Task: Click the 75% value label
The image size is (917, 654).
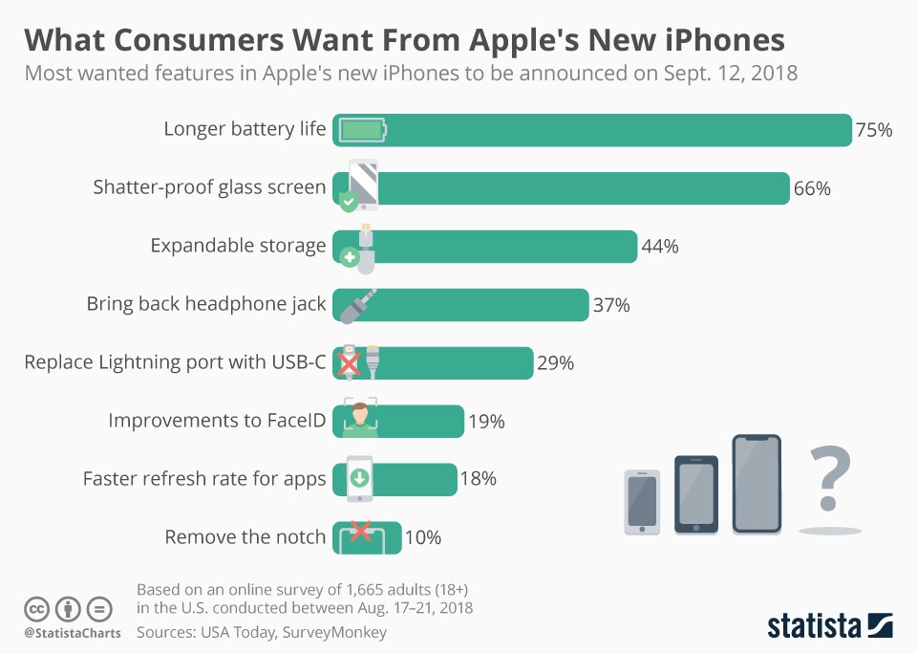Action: pyautogui.click(x=874, y=130)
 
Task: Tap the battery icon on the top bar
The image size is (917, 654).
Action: pyautogui.click(x=363, y=130)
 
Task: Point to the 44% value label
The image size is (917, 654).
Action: pyautogui.click(x=659, y=247)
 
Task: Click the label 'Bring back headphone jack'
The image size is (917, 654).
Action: pyautogui.click(x=206, y=304)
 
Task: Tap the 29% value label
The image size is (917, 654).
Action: pyautogui.click(x=555, y=363)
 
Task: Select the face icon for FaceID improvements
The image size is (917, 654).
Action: pyautogui.click(x=360, y=419)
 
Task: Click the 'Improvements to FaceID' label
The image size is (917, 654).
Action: pyautogui.click(x=217, y=421)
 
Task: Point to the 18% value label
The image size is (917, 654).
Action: pyautogui.click(x=478, y=479)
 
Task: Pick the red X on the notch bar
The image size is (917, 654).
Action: pyautogui.click(x=361, y=532)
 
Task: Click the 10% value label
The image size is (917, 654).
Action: pyautogui.click(x=422, y=537)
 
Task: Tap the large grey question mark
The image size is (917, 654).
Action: pyautogui.click(x=829, y=480)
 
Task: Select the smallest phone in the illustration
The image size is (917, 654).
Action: pyautogui.click(x=642, y=501)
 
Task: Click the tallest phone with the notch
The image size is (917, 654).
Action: pyautogui.click(x=757, y=484)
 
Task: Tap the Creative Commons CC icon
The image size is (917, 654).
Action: pyautogui.click(x=36, y=608)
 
